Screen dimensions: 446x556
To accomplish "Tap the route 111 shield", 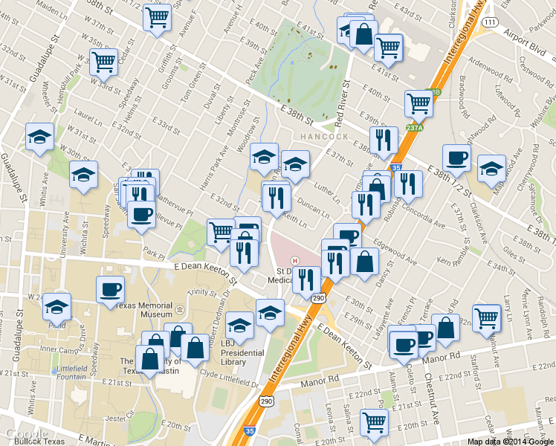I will [489, 23].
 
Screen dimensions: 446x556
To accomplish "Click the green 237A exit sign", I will [415, 127].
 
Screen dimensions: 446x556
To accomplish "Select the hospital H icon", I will [295, 260].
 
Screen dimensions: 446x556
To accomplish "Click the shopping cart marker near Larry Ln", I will [487, 316].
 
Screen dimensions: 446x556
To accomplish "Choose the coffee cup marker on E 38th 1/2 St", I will [456, 156].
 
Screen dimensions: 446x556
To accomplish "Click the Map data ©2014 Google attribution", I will [510, 441].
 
